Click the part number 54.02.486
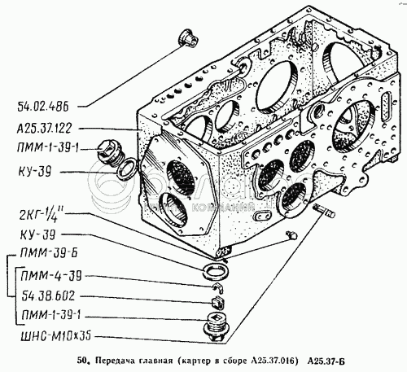click(43, 107)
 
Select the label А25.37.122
click(44, 128)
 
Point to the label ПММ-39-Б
click(49, 253)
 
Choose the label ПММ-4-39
click(51, 276)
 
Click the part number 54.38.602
click(48, 295)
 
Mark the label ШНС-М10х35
click(56, 336)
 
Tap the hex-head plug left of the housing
click(111, 153)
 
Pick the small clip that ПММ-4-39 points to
click(219, 287)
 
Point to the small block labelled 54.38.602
click(218, 303)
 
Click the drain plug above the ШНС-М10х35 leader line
click(217, 326)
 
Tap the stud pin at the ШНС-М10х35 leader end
click(324, 211)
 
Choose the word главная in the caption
click(152, 361)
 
